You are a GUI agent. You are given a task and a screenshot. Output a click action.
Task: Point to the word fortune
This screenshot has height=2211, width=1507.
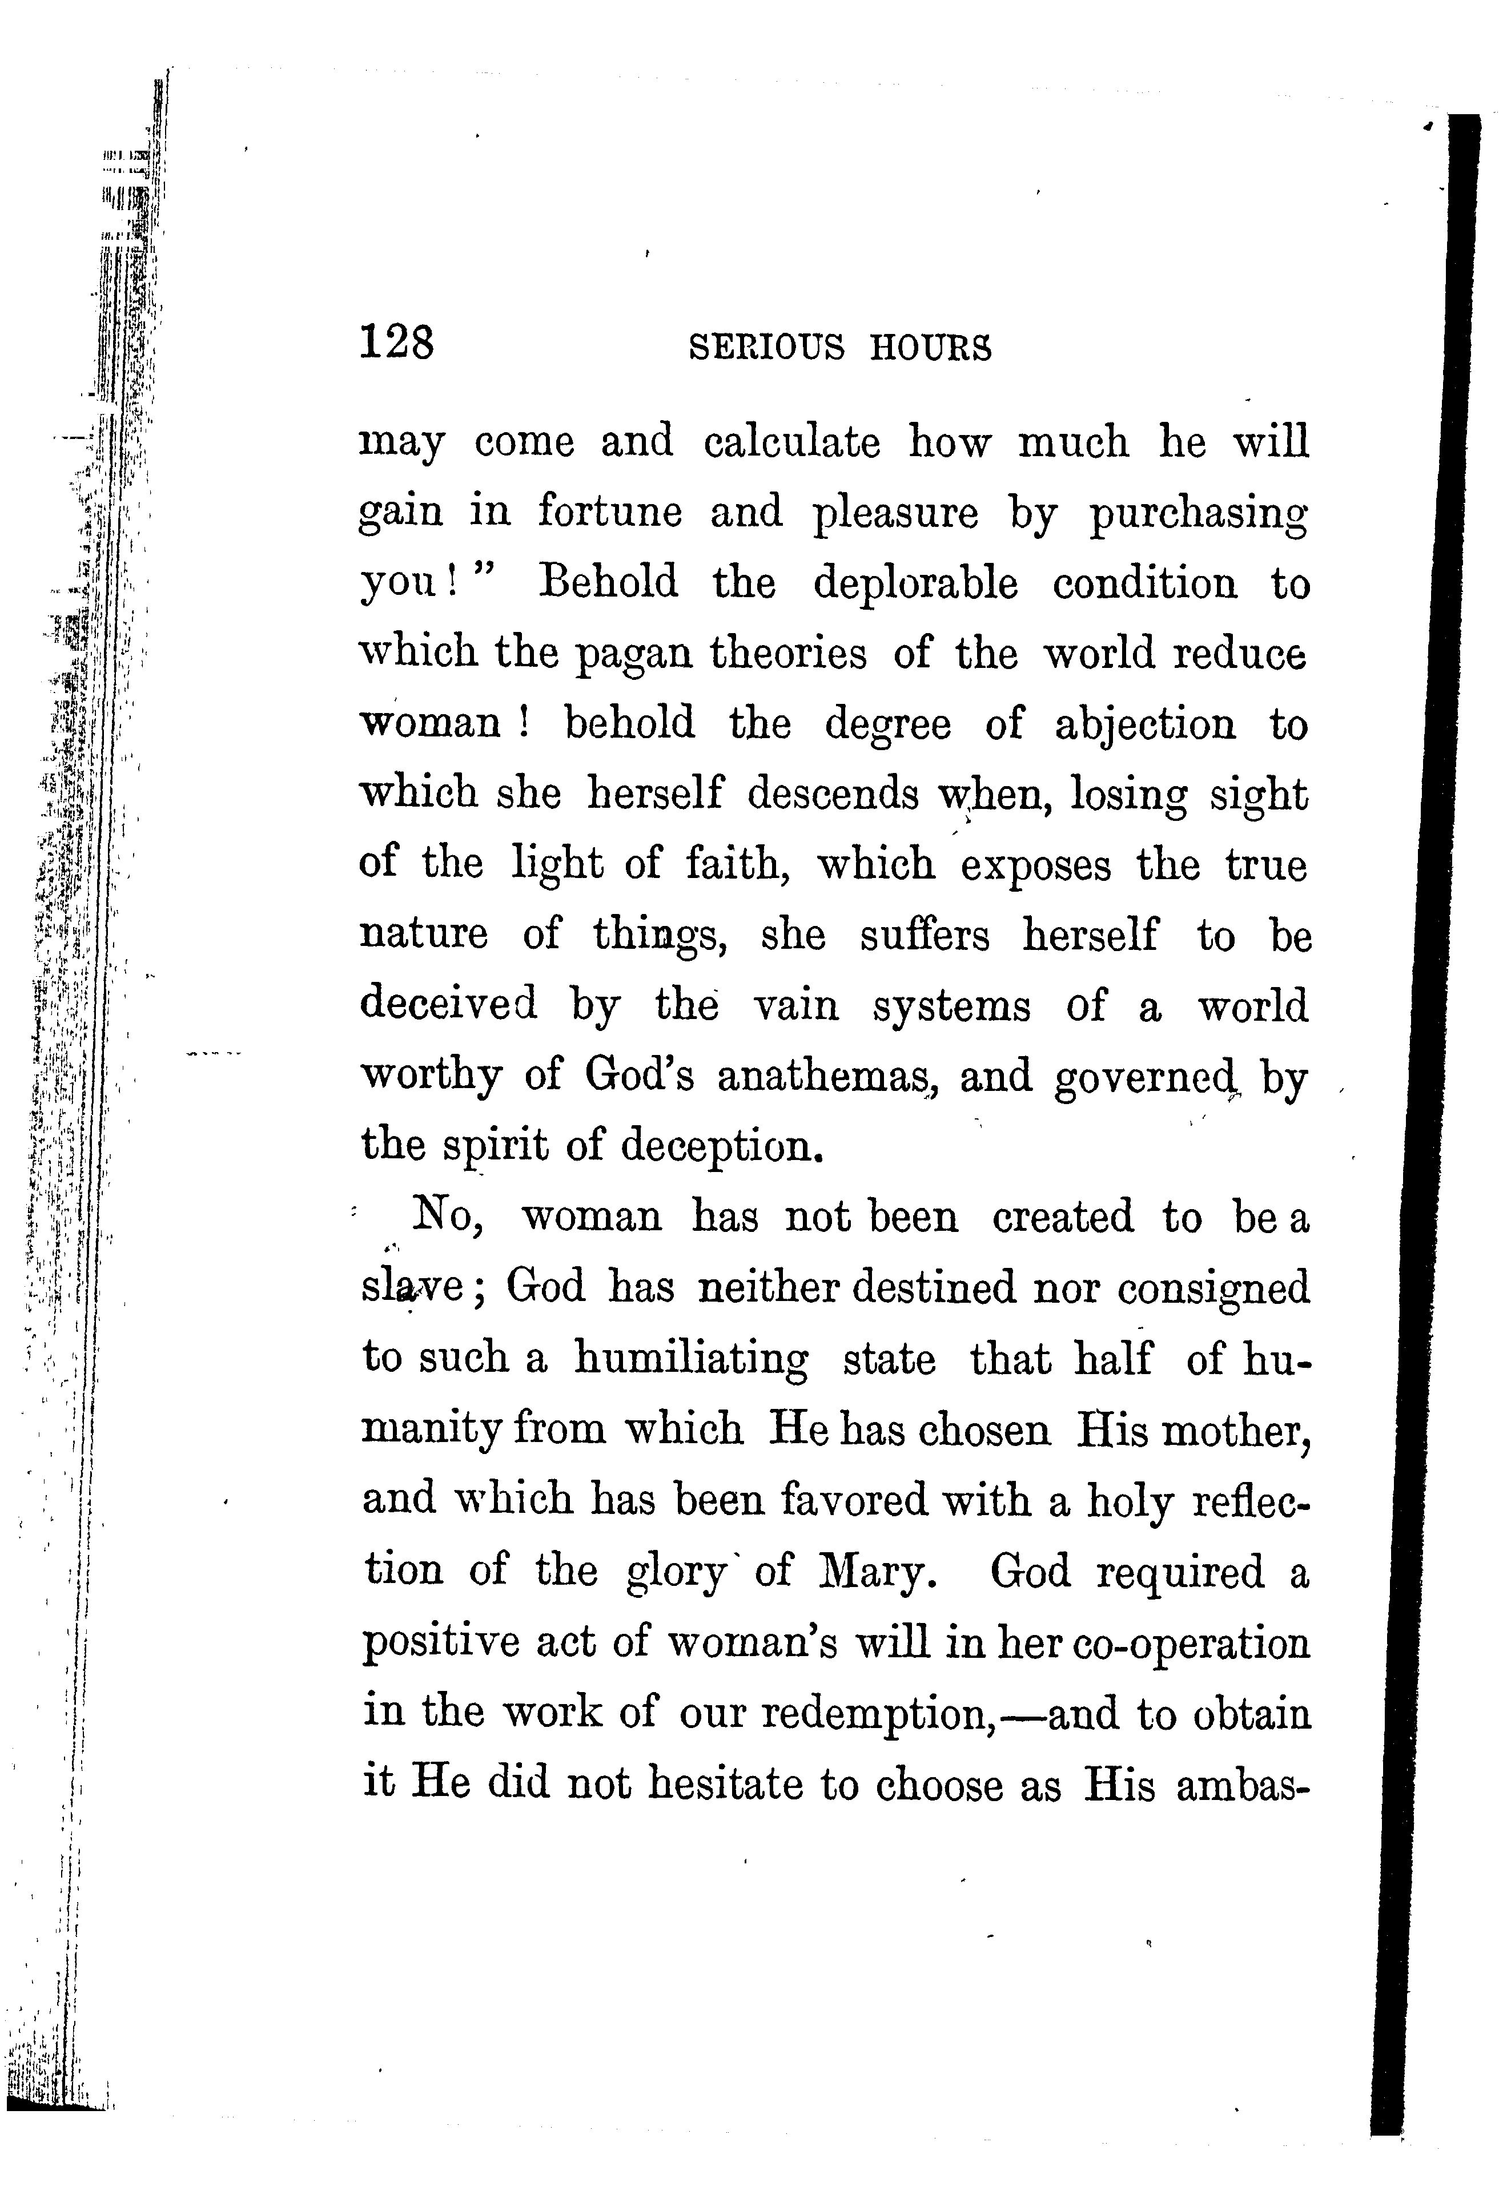pyautogui.click(x=610, y=512)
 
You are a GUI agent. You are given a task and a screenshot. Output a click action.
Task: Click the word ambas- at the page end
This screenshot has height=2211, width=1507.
pyautogui.click(x=1243, y=1785)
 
